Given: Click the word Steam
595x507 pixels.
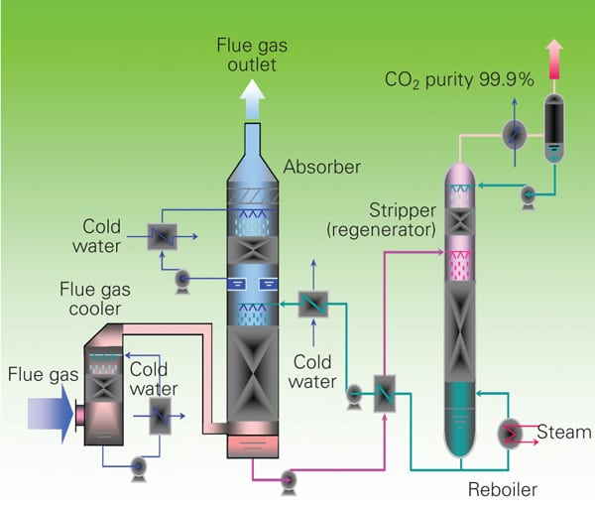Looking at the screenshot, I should tap(563, 432).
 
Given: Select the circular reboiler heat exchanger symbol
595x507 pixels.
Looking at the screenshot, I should tap(511, 433).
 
